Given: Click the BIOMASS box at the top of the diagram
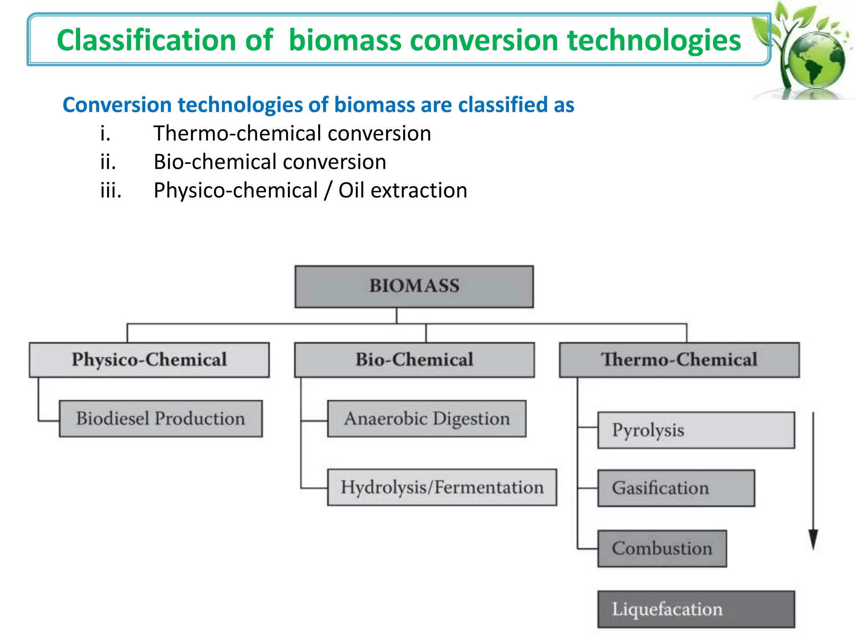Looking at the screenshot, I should point(414,287).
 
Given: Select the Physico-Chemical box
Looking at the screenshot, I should point(149,360).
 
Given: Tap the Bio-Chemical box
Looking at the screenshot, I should point(414,360).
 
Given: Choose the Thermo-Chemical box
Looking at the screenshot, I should point(679,360).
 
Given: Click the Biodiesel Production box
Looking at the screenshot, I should point(161,419).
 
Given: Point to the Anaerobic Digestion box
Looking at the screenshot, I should point(427,419).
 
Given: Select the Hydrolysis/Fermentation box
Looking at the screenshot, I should point(442,487).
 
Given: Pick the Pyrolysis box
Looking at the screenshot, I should point(696,430).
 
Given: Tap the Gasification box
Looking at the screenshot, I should point(676,488).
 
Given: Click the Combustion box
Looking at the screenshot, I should point(662,549).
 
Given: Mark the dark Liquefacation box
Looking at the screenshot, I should point(696,609).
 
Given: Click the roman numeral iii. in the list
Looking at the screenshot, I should point(111,191).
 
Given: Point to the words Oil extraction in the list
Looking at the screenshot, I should point(402,191).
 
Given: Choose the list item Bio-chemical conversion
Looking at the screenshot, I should point(270,162).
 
